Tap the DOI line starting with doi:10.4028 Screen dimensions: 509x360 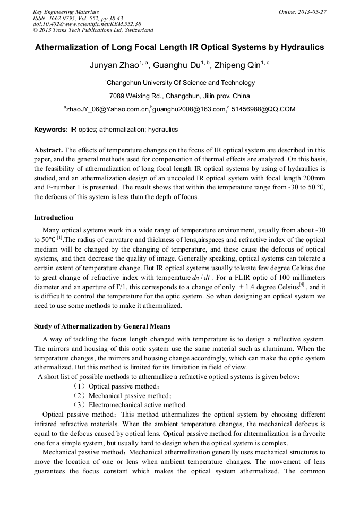[x=87, y=24]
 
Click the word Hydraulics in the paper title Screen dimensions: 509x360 [x=296, y=47]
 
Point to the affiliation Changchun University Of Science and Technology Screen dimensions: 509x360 [x=180, y=83]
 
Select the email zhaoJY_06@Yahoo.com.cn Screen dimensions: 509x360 [x=108, y=109]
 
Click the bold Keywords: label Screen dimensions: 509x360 [x=51, y=130]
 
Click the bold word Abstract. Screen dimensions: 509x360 [x=48, y=150]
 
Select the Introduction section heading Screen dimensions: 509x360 [x=54, y=218]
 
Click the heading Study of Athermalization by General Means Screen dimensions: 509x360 [x=102, y=326]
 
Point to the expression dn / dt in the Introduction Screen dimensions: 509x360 [x=204, y=277]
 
